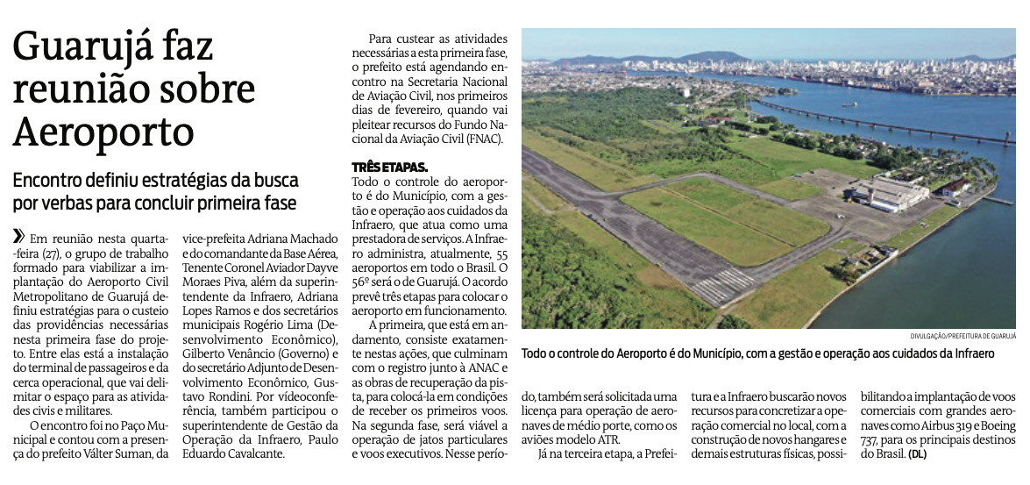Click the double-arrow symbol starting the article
(18, 237)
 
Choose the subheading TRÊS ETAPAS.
(390, 165)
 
